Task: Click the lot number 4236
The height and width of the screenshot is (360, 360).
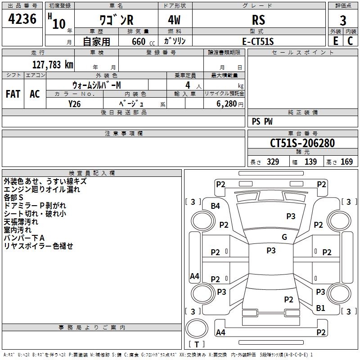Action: (x=22, y=19)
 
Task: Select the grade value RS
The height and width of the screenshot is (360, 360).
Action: (x=258, y=20)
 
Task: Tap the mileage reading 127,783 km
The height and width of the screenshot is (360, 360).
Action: (x=53, y=65)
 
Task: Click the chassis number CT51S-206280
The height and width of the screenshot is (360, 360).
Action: (x=302, y=143)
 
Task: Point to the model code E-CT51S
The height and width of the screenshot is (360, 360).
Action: (x=258, y=41)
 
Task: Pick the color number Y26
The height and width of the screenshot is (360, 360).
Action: (x=75, y=104)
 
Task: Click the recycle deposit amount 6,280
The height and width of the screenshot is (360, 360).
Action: (x=227, y=104)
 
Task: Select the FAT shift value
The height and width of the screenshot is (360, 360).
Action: (x=13, y=94)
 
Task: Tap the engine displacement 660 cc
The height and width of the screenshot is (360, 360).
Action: (x=143, y=42)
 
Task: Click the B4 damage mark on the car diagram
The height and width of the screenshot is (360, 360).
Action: (x=216, y=206)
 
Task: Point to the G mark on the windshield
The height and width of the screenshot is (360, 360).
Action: (x=284, y=237)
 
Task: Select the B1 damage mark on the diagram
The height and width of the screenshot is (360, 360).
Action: (x=320, y=308)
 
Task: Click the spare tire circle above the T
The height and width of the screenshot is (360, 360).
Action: (x=197, y=328)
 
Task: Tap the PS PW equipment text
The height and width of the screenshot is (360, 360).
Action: (x=262, y=121)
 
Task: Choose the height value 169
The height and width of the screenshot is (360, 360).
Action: (x=346, y=162)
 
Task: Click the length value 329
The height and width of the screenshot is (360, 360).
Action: (x=273, y=162)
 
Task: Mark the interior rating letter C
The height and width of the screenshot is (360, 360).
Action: (x=351, y=41)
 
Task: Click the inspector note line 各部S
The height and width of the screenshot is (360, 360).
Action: (x=13, y=198)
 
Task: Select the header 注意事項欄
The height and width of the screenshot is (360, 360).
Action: (x=124, y=133)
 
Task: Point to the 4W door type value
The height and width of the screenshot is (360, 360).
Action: (x=175, y=20)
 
